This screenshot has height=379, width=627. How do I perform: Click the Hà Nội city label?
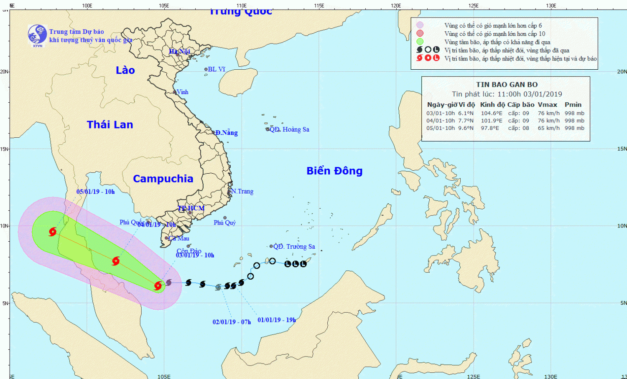[x=179, y=51]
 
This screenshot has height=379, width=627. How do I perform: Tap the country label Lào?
[x=125, y=70]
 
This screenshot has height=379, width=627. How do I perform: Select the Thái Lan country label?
[x=110, y=124]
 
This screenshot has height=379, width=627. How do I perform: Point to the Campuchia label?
[x=163, y=179]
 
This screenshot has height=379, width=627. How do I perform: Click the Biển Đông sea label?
[x=334, y=171]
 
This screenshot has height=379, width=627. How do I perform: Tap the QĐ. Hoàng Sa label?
[x=290, y=129]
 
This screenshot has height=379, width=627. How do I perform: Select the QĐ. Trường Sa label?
[x=294, y=247]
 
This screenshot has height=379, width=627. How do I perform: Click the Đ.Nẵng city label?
[x=227, y=133]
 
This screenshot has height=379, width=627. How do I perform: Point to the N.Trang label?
[x=242, y=191]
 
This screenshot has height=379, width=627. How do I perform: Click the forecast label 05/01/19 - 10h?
[x=95, y=192]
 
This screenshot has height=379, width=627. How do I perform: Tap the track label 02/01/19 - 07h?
[x=232, y=322]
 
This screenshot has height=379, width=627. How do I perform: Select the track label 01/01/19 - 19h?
[x=277, y=320]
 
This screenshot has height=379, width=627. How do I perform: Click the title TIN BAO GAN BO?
[x=507, y=84]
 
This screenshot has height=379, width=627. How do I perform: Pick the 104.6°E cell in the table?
[x=492, y=113]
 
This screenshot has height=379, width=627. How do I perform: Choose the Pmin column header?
[x=573, y=105]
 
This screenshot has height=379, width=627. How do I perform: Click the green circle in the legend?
[x=420, y=42]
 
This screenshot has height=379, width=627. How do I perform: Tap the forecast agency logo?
[x=37, y=35]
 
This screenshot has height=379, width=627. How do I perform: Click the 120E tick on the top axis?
[x=396, y=6]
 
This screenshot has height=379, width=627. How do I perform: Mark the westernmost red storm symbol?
[x=53, y=232]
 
